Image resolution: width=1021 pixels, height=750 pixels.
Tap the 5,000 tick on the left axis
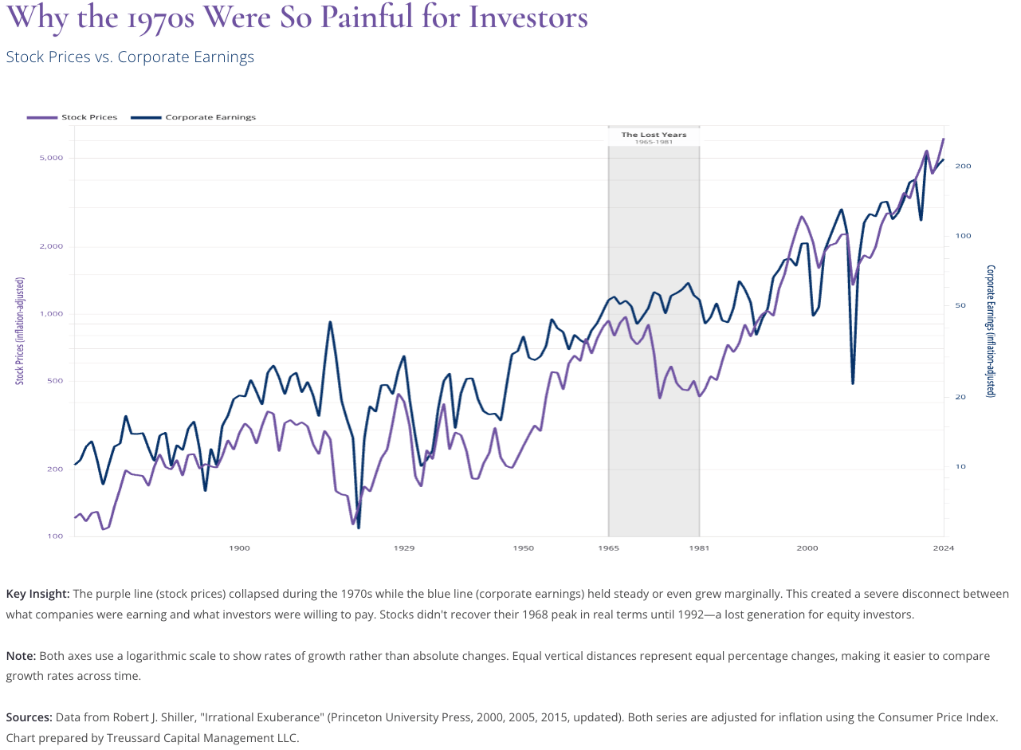pyautogui.click(x=51, y=158)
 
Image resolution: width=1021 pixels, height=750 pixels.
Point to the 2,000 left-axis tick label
pyautogui.click(x=51, y=245)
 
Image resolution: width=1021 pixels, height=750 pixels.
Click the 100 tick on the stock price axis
pyautogui.click(x=55, y=536)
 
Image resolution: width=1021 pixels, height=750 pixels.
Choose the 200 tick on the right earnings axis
pyautogui.click(x=962, y=166)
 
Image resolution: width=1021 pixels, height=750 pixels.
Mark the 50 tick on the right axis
pyautogui.click(x=960, y=305)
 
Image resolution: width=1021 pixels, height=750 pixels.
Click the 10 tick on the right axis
pyautogui.click(x=960, y=466)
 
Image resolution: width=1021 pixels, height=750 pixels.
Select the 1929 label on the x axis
pyautogui.click(x=404, y=548)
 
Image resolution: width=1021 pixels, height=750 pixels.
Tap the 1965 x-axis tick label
pyautogui.click(x=608, y=548)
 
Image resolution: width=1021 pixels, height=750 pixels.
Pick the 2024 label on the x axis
pyautogui.click(x=944, y=548)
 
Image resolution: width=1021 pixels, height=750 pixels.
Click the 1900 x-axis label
pyautogui.click(x=239, y=548)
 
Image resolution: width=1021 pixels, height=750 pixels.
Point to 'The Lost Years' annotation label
pyautogui.click(x=654, y=135)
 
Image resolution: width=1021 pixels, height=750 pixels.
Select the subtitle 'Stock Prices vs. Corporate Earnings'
pyautogui.click(x=130, y=57)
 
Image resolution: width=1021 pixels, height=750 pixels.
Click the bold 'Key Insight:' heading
pyautogui.click(x=37, y=594)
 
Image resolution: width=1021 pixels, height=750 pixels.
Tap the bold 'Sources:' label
pyautogui.click(x=30, y=717)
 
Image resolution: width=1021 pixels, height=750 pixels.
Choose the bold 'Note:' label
pyautogui.click(x=21, y=655)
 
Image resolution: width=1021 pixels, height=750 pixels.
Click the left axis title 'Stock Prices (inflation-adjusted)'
pyautogui.click(x=20, y=331)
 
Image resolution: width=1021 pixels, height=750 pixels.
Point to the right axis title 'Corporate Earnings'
pyautogui.click(x=991, y=331)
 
